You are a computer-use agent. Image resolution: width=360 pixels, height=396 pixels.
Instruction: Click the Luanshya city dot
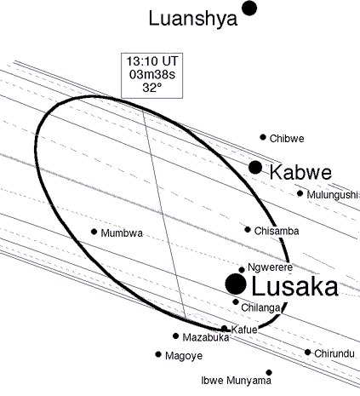[x=249, y=9]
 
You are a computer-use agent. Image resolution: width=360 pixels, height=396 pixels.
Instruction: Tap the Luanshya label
[x=193, y=19]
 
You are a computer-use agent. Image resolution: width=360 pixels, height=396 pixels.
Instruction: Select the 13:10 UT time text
[x=152, y=61]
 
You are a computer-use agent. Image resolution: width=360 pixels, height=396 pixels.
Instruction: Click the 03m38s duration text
[x=152, y=74]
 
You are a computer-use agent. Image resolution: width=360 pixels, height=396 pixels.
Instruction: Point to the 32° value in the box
[x=152, y=88]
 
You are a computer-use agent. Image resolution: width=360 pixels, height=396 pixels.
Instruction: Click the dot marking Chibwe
[x=263, y=137]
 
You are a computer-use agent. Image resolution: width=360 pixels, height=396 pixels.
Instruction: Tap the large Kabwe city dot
[x=255, y=167]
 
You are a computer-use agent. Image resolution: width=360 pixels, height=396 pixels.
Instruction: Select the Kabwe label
[x=300, y=172]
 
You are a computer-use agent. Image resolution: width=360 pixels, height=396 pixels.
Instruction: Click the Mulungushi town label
[x=332, y=195]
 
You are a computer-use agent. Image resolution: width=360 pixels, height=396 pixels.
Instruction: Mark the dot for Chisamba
[x=248, y=229]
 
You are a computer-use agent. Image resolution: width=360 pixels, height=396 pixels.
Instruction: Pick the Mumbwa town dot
[x=94, y=232]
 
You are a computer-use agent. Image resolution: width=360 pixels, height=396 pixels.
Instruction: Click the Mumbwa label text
[x=122, y=233]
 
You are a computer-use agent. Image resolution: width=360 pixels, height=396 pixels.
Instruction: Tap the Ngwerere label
[x=270, y=267]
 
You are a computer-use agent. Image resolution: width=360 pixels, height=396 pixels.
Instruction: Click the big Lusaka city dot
[x=236, y=284]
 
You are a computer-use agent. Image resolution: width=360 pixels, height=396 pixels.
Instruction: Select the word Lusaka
[x=294, y=287]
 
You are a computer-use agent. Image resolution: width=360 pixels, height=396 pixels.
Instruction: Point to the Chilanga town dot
[x=236, y=301]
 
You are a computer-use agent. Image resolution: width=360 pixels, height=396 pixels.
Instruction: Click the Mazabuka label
[x=206, y=337]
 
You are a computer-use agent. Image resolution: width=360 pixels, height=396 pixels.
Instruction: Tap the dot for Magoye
[x=158, y=354]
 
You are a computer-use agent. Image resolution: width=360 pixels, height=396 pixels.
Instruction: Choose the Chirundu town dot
[x=308, y=353]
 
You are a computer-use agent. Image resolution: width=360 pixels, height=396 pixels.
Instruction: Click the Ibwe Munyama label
[x=237, y=380]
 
